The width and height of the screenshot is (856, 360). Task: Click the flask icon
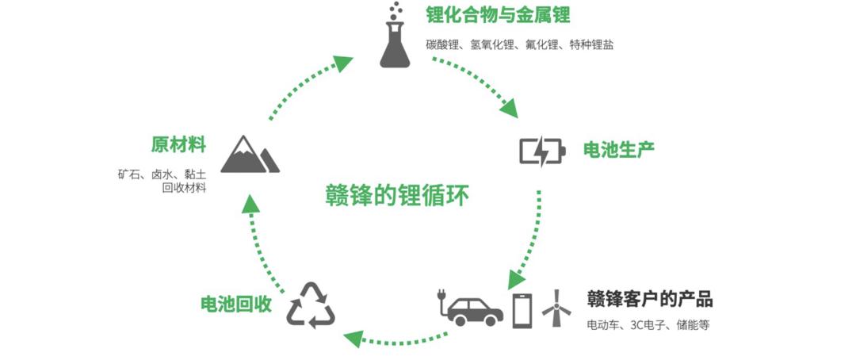[x=395, y=36]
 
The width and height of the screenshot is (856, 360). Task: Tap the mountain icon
[x=250, y=155]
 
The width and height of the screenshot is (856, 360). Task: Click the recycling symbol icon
[x=311, y=305]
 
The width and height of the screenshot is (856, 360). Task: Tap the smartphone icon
[x=522, y=311]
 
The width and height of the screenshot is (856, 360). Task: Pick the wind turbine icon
[x=556, y=308]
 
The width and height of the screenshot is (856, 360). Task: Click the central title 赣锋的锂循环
[x=397, y=196]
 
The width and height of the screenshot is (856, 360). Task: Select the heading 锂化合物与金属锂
[x=498, y=15]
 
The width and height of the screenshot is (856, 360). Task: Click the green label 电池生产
[x=618, y=150]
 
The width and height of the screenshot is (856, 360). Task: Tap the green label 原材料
[x=178, y=145]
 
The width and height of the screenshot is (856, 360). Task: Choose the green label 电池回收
[x=236, y=304]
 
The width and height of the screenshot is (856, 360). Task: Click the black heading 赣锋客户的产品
[x=650, y=300]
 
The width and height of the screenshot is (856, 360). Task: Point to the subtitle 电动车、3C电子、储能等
[x=648, y=325]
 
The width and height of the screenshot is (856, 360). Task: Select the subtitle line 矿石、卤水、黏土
[x=162, y=174]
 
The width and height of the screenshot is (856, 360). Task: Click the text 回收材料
[x=185, y=189]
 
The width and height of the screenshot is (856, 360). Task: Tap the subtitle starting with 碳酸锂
[x=520, y=44]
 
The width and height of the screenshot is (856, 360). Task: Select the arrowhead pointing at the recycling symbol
[x=353, y=339]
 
